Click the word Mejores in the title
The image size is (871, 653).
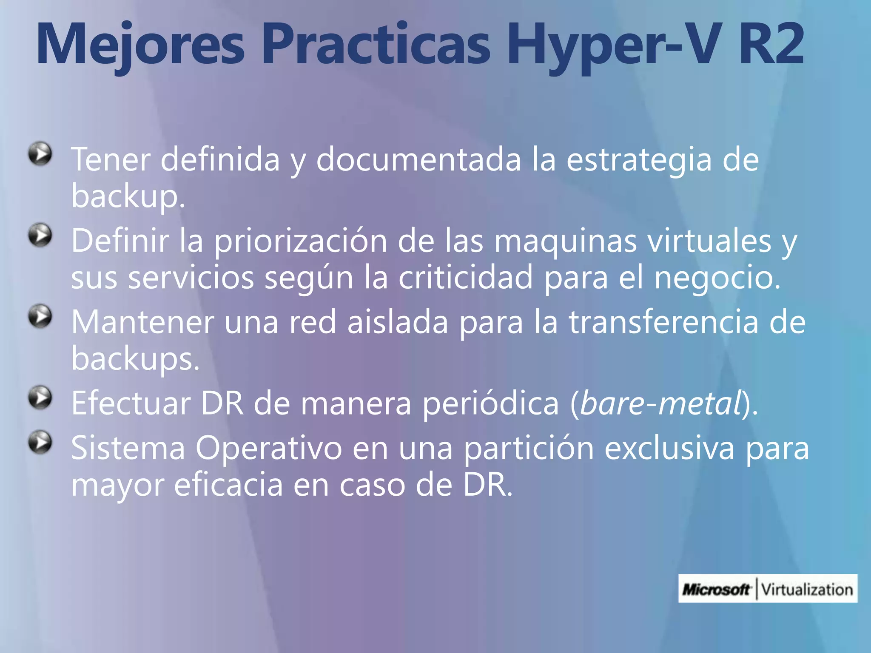140,45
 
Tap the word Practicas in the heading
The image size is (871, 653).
376,45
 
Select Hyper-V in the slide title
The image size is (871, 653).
608,45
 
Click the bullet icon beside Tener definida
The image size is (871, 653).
40,153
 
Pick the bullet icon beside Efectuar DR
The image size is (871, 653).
40,398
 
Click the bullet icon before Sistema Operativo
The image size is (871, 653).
40,443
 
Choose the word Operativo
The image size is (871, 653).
268,449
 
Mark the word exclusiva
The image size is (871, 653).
669,449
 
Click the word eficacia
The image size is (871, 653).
228,485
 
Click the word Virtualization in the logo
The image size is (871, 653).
807,589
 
